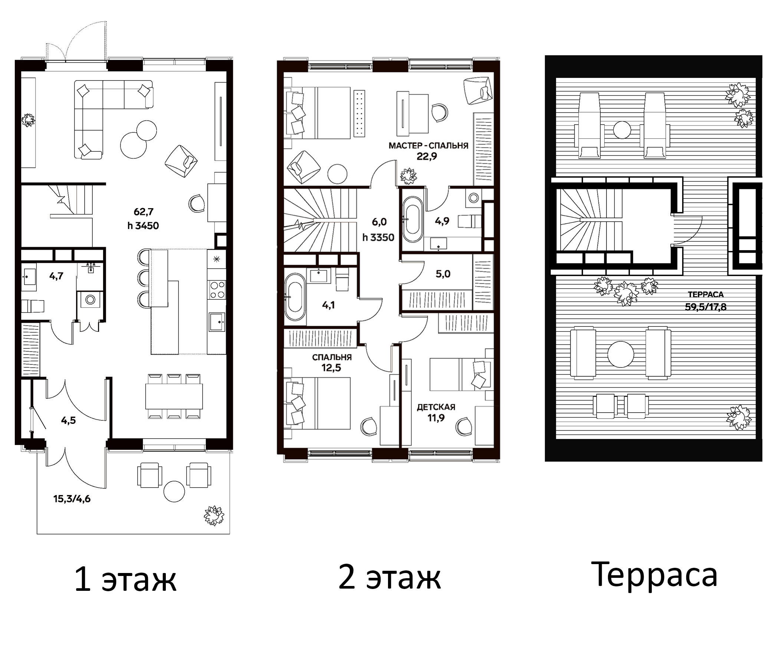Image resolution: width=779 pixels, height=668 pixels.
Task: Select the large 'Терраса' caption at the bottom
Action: pyautogui.click(x=657, y=574)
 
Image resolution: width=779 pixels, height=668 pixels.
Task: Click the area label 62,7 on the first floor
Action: pyautogui.click(x=144, y=212)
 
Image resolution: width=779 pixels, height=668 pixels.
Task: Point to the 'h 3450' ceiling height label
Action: pyautogui.click(x=143, y=226)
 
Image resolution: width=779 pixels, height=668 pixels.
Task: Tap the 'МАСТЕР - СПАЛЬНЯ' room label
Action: pyautogui.click(x=428, y=145)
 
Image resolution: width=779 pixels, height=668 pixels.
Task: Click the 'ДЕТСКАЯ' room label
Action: pyautogui.click(x=436, y=407)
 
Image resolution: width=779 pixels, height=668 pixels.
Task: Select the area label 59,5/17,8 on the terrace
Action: pyautogui.click(x=705, y=307)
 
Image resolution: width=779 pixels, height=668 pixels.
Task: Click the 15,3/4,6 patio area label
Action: pyautogui.click(x=72, y=499)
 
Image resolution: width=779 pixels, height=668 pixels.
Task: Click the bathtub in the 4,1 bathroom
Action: pyautogui.click(x=295, y=297)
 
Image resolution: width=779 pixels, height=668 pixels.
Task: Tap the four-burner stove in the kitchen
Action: pyautogui.click(x=217, y=290)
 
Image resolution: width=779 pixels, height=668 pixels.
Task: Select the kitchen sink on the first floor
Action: pyautogui.click(x=217, y=322)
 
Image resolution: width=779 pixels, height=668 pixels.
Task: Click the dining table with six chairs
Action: pyautogui.click(x=174, y=396)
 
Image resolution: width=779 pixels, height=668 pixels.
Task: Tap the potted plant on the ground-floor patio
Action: pyautogui.click(x=214, y=515)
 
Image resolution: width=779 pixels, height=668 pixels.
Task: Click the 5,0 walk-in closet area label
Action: pyautogui.click(x=443, y=274)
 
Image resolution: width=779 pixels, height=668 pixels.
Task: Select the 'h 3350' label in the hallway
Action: pyautogui.click(x=378, y=238)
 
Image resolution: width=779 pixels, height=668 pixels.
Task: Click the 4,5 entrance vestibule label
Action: pyautogui.click(x=68, y=420)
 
